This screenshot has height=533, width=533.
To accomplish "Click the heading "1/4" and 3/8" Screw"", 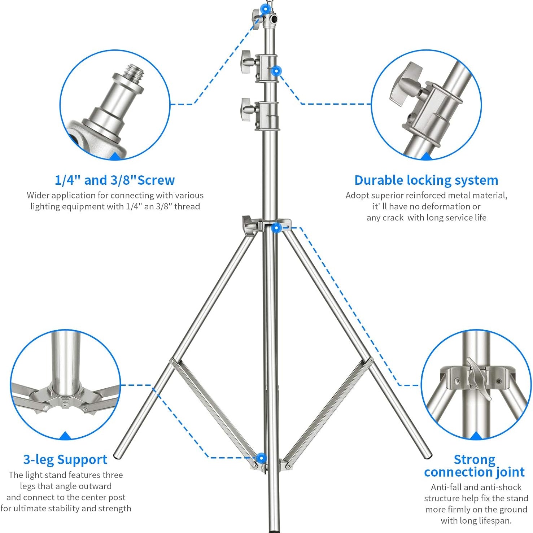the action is (x=115, y=180).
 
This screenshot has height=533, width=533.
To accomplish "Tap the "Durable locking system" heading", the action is (x=426, y=180).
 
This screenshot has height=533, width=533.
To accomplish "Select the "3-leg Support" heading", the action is (x=65, y=460).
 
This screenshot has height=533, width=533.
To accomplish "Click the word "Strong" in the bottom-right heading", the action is (x=474, y=460).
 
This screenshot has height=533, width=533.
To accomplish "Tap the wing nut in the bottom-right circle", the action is (x=479, y=379).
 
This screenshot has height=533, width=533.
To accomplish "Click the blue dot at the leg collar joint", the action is (x=276, y=228).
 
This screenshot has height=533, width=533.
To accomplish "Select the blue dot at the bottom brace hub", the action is (x=262, y=458).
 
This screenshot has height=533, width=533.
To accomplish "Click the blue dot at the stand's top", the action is (x=267, y=7).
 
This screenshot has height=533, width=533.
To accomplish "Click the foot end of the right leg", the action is (x=427, y=454).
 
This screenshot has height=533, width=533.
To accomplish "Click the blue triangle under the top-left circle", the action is (x=115, y=156).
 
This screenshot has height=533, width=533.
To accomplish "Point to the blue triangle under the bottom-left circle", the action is (x=65, y=436).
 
